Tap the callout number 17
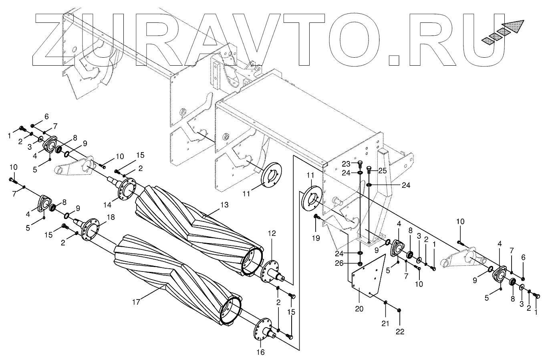(x=137, y=302)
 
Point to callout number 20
(x=359, y=308)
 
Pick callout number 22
(x=400, y=331)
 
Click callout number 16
(x=260, y=352)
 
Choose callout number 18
(x=111, y=217)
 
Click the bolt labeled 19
(x=316, y=217)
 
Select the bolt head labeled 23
(x=360, y=163)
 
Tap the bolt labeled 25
(x=369, y=168)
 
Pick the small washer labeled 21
(x=385, y=302)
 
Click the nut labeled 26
(x=360, y=263)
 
